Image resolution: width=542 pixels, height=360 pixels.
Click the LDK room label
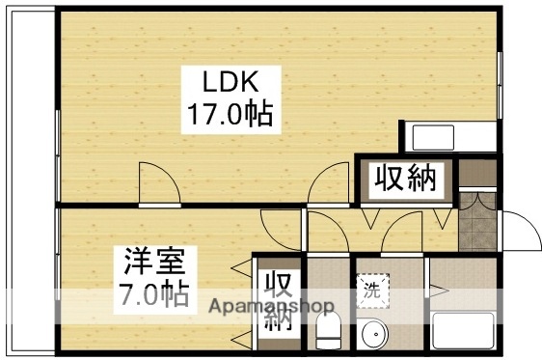(x=228, y=81)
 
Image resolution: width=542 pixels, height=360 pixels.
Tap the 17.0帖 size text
(x=229, y=116)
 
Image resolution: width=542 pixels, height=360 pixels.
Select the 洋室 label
(x=147, y=261)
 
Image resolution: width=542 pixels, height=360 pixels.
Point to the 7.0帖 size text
(x=147, y=291)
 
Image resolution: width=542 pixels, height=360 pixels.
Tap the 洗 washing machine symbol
(x=371, y=287)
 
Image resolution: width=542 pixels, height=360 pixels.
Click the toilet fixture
(x=329, y=332)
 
